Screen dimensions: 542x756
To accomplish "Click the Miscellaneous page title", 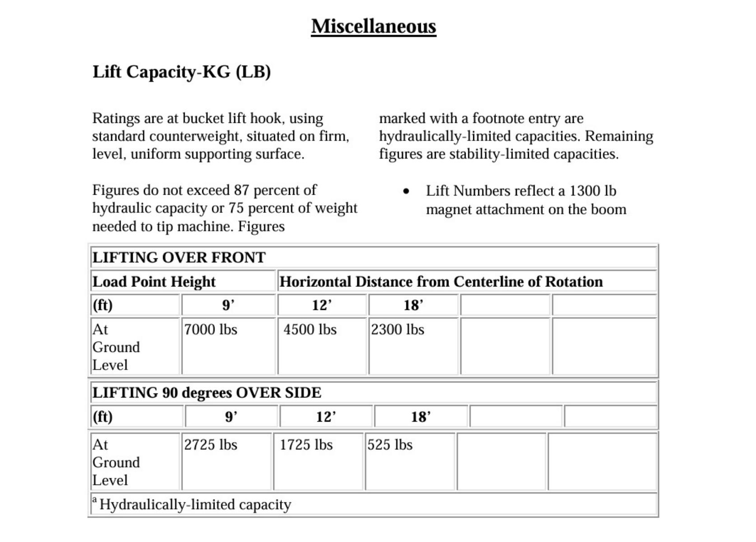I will point(373,26).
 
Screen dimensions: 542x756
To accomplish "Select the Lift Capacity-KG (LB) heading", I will point(182,72).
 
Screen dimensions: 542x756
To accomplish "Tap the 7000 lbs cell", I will point(210,330).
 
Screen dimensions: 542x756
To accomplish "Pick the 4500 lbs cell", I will point(310,330).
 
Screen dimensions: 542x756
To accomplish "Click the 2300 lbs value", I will point(397,330).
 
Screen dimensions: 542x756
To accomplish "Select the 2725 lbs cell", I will point(210,445).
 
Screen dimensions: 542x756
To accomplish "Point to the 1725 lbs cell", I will point(306,445).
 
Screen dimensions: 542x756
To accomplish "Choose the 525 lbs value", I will point(390,445).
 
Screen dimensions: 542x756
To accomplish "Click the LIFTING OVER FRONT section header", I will point(179,257).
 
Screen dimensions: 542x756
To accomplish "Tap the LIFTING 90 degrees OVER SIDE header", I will point(207,393).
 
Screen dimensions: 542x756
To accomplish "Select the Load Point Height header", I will point(154,282).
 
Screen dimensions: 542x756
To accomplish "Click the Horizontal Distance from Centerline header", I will point(441,282).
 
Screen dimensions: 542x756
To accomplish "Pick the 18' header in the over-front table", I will point(413,305).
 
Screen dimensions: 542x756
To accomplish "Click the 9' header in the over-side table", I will point(231,416).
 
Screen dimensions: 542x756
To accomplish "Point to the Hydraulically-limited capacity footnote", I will point(195,505).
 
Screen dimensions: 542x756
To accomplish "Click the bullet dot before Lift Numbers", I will point(406,192).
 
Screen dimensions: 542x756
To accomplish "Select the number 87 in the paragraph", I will point(241,190).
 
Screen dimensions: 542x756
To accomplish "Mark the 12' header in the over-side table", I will point(326,416).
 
